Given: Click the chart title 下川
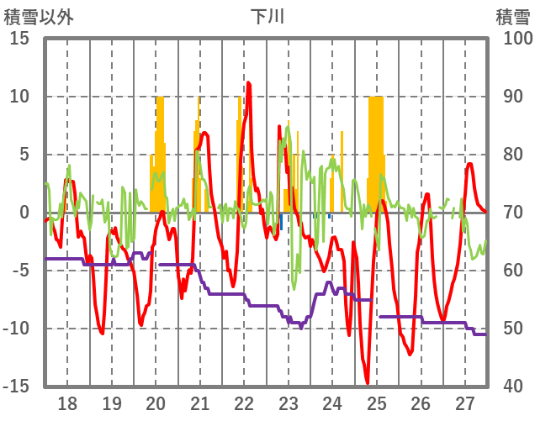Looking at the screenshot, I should (x=267, y=16).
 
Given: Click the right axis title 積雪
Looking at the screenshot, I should (x=512, y=16).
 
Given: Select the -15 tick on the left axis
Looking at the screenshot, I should (x=18, y=387).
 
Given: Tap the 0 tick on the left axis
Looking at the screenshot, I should (x=24, y=213).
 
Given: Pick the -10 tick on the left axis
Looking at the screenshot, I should (x=18, y=329).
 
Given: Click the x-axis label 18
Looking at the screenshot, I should (x=67, y=403).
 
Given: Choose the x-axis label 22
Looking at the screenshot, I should (x=244, y=403).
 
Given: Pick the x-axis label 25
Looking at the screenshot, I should (x=376, y=403).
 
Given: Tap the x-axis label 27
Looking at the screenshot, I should (x=464, y=403).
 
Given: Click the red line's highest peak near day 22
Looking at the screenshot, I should (x=248, y=82).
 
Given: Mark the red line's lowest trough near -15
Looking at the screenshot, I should (x=368, y=383).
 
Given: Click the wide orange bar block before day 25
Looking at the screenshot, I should (x=376, y=151).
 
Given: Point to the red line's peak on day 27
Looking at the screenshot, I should (x=470, y=164).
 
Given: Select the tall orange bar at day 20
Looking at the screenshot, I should (x=160, y=143).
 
